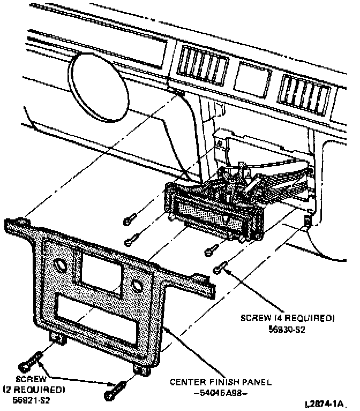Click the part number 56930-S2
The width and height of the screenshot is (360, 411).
(287, 330)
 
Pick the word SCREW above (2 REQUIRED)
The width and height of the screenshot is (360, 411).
(29, 378)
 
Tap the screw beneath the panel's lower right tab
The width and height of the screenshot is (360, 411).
(116, 391)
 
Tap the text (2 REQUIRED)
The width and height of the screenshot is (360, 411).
(34, 389)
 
